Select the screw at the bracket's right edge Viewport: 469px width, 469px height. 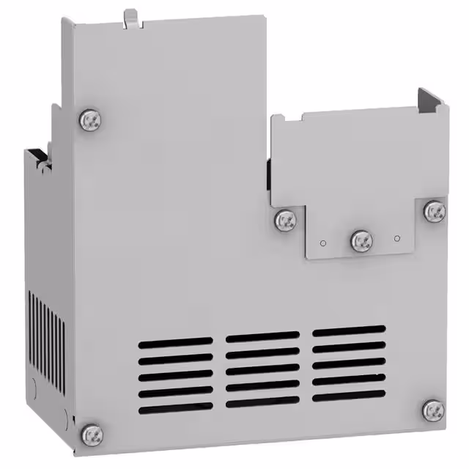click(x=435, y=211)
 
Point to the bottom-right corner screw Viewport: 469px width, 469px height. click(x=433, y=410)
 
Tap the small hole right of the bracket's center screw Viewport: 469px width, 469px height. click(x=396, y=237)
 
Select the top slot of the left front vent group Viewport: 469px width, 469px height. click(x=175, y=342)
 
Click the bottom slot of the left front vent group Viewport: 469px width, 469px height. click(x=175, y=407)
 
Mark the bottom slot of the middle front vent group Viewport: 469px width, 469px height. click(x=262, y=402)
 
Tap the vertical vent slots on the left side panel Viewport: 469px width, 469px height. click(x=46, y=330)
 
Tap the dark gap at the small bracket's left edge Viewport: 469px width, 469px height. click(x=268, y=174)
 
